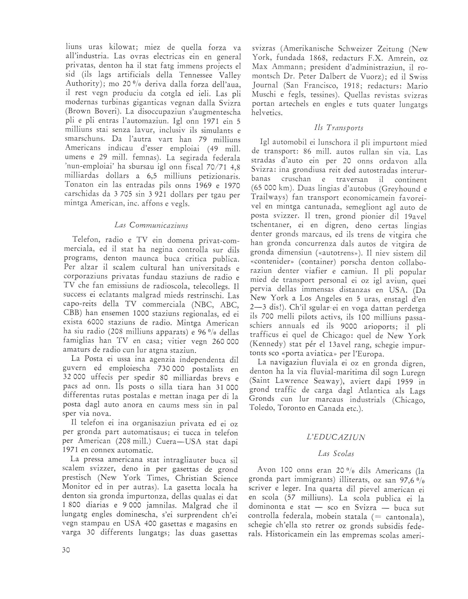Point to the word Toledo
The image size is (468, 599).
(261, 408)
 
